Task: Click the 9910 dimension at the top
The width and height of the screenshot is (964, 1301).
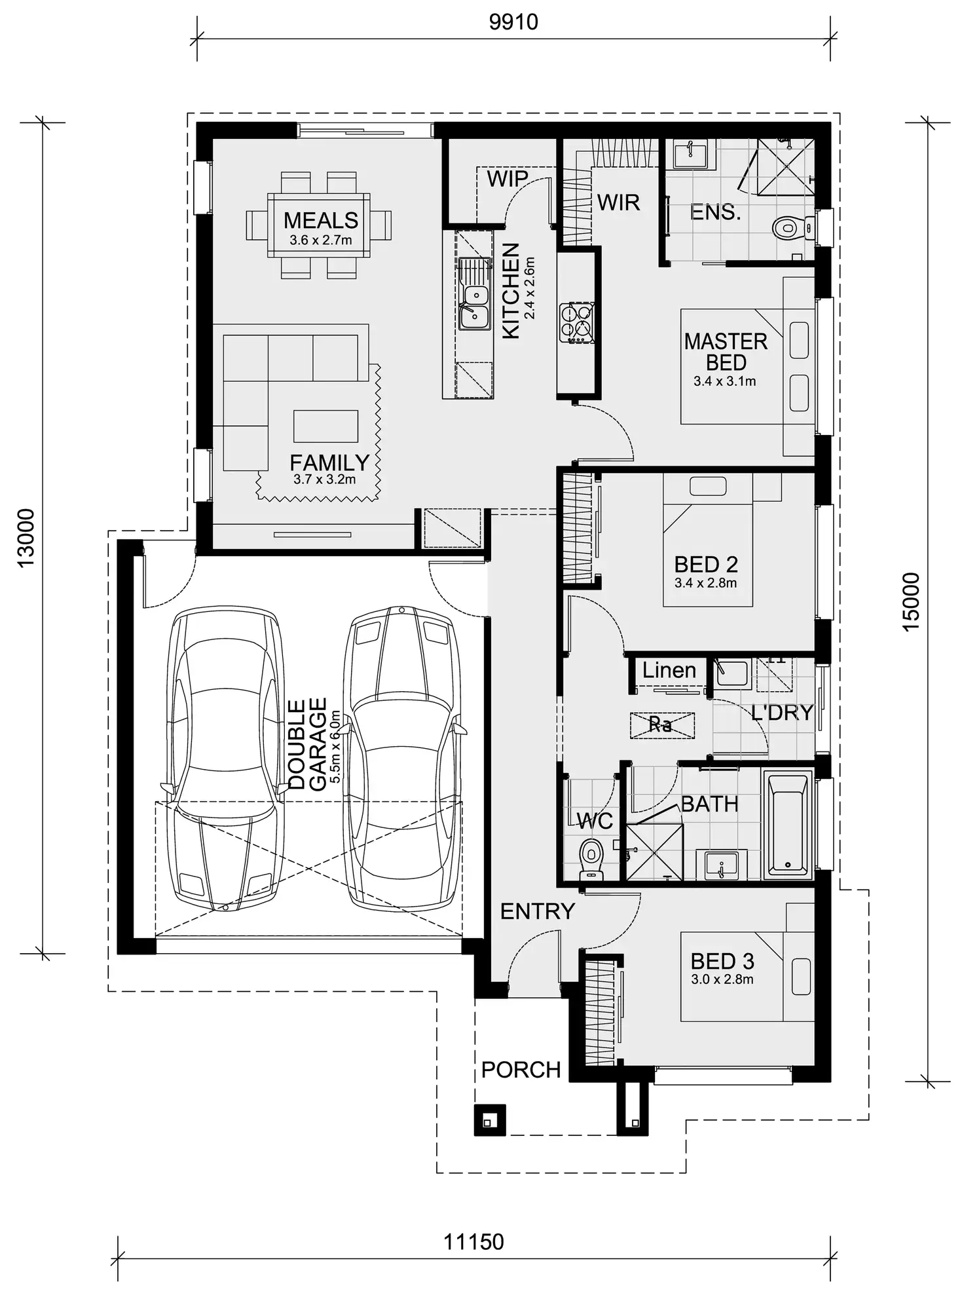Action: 513,22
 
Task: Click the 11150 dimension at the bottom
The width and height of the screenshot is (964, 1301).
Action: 473,1241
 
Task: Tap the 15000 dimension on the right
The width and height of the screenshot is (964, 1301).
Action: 911,601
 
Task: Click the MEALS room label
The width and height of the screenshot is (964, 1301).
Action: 320,220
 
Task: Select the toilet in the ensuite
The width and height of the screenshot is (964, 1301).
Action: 788,229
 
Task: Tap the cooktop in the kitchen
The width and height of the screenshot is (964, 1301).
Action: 577,322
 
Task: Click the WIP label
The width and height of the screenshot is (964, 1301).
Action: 507,178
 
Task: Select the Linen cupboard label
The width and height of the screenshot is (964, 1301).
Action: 669,670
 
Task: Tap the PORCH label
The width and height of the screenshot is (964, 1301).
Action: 521,1070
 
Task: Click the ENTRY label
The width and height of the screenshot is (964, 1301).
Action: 537,911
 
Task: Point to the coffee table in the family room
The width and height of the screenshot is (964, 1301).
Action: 325,426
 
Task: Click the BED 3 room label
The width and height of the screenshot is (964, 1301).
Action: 722,961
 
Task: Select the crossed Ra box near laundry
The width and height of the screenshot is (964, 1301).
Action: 661,725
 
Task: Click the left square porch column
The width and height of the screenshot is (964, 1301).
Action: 489,1120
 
